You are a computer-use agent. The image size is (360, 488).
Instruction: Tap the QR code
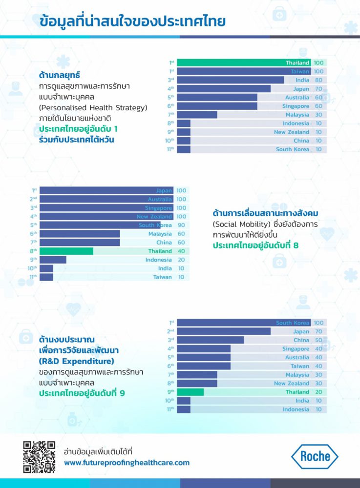pyautogui.click(x=39, y=457)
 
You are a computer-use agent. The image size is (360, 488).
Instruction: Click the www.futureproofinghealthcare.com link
pyautogui.click(x=127, y=463)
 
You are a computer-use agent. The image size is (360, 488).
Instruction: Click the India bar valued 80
pyautogui.click(x=231, y=80)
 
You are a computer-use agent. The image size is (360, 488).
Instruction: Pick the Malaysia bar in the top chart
pyautogui.click(x=197, y=115)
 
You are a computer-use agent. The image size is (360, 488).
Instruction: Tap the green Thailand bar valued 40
pyautogui.click(x=66, y=251)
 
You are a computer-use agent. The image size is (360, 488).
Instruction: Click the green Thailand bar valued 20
pyautogui.click(x=191, y=392)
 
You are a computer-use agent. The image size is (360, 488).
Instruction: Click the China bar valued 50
pyautogui.click(x=211, y=340)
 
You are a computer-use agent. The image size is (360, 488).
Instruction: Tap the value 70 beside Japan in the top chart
pyautogui.click(x=318, y=89)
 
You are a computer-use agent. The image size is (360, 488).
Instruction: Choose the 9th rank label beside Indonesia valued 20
pyautogui.click(x=34, y=260)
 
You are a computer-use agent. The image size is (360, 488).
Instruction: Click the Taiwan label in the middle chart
pyautogui.click(x=163, y=277)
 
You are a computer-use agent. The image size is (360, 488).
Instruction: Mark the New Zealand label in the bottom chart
pyautogui.click(x=292, y=384)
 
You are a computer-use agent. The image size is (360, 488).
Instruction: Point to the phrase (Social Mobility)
pyautogui.click(x=235, y=224)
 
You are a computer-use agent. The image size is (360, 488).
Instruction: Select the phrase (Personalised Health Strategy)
pyautogui.click(x=93, y=107)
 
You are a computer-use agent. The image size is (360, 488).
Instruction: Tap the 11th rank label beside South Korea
pyautogui.click(x=170, y=149)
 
